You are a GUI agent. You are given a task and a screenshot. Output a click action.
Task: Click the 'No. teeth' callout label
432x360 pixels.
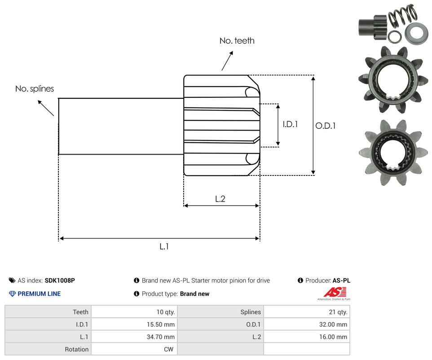(x=237, y=41)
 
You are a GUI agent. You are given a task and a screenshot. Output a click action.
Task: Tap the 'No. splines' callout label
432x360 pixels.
(x=35, y=89)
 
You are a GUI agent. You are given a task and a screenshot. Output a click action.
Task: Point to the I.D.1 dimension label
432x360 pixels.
(x=290, y=124)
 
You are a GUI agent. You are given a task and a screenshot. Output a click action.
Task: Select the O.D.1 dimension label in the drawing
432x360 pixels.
(x=326, y=126)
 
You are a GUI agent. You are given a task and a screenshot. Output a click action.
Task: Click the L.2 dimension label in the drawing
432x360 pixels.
(x=220, y=199)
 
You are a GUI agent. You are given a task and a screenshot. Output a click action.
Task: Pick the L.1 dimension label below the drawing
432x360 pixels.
(x=164, y=246)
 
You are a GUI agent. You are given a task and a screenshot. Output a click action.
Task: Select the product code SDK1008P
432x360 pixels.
(x=60, y=281)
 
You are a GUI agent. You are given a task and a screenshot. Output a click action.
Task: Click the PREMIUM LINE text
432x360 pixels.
(x=39, y=294)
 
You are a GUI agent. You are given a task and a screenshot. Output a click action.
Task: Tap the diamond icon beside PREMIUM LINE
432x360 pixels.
(x=12, y=294)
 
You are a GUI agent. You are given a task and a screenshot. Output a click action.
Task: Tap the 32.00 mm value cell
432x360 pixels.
(x=333, y=325)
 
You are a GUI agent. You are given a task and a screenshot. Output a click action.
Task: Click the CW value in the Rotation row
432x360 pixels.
(x=169, y=349)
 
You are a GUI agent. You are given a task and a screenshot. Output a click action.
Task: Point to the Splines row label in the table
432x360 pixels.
(x=251, y=312)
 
